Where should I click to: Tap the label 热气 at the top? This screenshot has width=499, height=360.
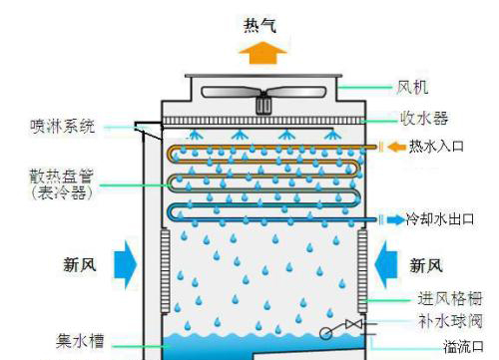point(262,23)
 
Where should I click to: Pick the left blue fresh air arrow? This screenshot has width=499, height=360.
point(126,264)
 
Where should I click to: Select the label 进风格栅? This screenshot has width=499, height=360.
point(449,298)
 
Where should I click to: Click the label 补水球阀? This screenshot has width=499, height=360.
point(449,321)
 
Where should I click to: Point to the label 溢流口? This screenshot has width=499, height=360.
point(462,346)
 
